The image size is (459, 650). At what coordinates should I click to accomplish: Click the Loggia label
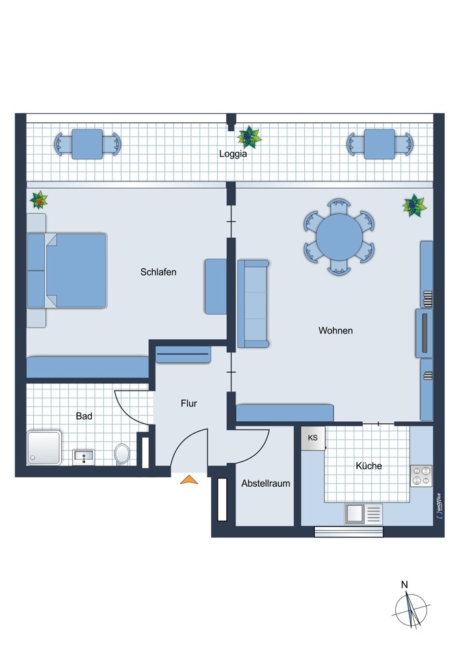233,154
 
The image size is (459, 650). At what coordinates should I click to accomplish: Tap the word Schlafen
159,272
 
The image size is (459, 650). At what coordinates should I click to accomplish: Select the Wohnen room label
335,330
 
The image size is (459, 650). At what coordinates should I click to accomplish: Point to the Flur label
189,404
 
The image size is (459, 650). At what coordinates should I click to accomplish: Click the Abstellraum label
266,484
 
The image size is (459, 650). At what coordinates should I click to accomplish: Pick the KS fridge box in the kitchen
313,438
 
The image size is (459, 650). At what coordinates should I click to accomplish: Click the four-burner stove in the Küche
421,476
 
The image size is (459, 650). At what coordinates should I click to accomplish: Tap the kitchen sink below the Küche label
363,514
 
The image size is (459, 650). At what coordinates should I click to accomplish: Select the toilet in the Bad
122,454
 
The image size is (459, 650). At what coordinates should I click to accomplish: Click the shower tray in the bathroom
44,448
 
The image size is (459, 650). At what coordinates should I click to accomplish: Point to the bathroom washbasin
83,457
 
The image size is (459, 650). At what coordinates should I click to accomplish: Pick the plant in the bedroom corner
39,200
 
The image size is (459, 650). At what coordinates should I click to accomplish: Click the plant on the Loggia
249,136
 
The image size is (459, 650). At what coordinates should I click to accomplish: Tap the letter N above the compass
404,584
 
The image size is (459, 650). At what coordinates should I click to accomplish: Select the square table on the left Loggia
87,144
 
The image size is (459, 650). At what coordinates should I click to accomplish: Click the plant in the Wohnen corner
414,205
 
